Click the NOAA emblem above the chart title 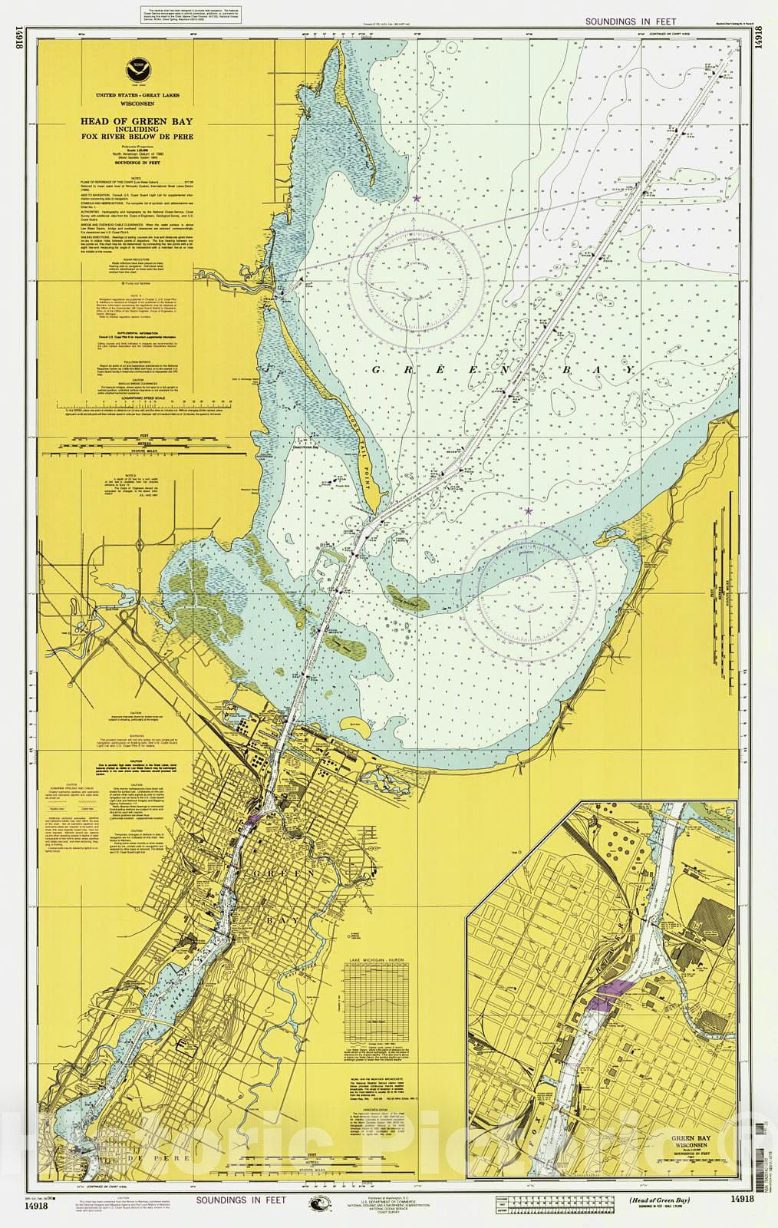coord(141,69)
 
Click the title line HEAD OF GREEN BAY coord(140,121)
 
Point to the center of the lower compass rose coord(536,587)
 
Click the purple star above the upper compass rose coord(417,199)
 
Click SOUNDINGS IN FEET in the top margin coord(631,23)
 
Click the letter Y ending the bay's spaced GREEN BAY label coord(630,370)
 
